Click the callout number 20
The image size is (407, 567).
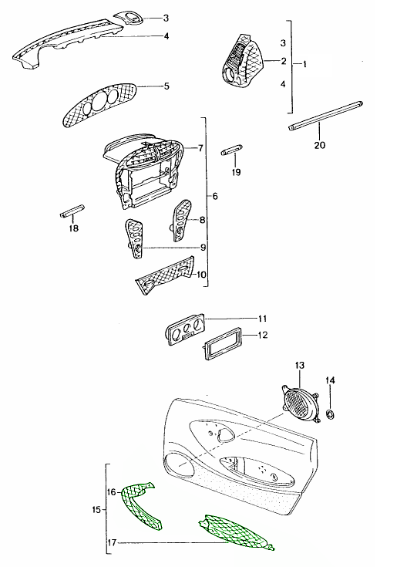320,145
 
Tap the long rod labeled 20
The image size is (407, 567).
325,115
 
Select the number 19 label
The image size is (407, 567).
236,172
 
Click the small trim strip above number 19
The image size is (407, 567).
231,150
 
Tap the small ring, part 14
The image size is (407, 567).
330,414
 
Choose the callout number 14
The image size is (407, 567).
330,380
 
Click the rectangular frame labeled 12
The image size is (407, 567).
221,343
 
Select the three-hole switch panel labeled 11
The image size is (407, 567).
186,329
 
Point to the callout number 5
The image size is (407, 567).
166,86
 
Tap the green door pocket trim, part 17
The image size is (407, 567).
237,532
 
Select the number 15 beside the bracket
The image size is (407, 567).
96,509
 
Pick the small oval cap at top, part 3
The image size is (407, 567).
128,17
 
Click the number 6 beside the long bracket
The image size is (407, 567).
215,197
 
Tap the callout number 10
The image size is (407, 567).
201,274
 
